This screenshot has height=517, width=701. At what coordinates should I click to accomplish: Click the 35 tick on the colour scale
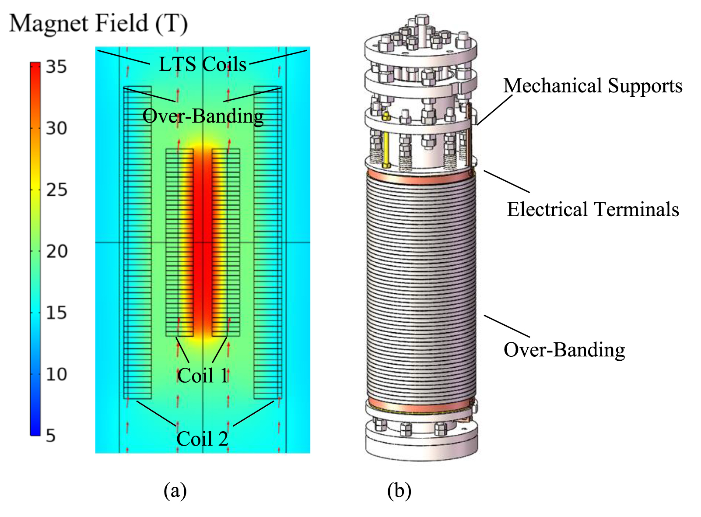[56, 67]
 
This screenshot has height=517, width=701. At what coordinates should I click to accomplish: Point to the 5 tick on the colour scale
[51, 436]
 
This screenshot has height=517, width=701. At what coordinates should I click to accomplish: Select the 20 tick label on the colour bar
[57, 251]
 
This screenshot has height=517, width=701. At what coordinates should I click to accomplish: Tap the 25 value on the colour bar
[57, 190]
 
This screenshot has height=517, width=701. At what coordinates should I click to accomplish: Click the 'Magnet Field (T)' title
[98, 23]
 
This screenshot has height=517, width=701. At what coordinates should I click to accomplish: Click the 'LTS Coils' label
[203, 64]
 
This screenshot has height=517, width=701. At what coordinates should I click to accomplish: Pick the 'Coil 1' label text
[203, 376]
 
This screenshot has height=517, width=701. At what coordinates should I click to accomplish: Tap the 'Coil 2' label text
[203, 439]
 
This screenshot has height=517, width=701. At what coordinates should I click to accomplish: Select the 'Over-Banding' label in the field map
[203, 116]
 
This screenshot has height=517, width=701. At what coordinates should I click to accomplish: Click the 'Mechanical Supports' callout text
[592, 86]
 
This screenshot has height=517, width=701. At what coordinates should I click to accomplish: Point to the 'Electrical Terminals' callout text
[592, 209]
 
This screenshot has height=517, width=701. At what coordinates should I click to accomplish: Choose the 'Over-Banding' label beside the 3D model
[564, 350]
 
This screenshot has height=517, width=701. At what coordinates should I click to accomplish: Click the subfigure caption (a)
[175, 490]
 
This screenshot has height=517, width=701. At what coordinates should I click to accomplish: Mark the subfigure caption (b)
[399, 490]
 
